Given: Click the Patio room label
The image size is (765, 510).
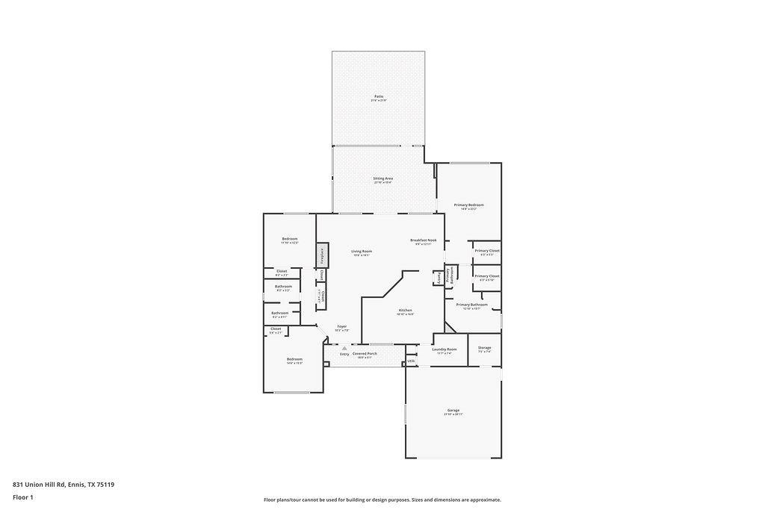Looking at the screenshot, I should (379, 96).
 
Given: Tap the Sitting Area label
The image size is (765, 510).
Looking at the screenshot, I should (383, 178).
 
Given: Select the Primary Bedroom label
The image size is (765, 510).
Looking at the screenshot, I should (469, 205).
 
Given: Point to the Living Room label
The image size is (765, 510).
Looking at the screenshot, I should (362, 252).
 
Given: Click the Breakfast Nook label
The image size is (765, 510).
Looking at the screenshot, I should (424, 240).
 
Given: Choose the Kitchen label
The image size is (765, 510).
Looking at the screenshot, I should (405, 311).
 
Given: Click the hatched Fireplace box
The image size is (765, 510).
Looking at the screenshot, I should (322, 255).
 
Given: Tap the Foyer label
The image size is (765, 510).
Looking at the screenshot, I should (341, 326).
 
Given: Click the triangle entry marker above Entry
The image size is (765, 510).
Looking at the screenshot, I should (344, 348).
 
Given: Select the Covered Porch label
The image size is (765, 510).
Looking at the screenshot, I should (365, 354).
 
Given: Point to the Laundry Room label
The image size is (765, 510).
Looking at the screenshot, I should (445, 349).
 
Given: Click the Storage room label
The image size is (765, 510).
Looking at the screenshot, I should (484, 348).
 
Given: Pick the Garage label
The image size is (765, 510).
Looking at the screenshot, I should (453, 411).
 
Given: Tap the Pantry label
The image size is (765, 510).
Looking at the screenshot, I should (437, 278).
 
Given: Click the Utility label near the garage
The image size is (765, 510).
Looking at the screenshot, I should (411, 361).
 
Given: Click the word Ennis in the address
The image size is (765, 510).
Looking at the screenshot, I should (76, 485).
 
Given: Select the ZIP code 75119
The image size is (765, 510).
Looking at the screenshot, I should (105, 485).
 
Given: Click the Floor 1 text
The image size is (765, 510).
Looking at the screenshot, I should (22, 497).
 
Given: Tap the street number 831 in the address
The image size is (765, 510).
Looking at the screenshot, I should (18, 485).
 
